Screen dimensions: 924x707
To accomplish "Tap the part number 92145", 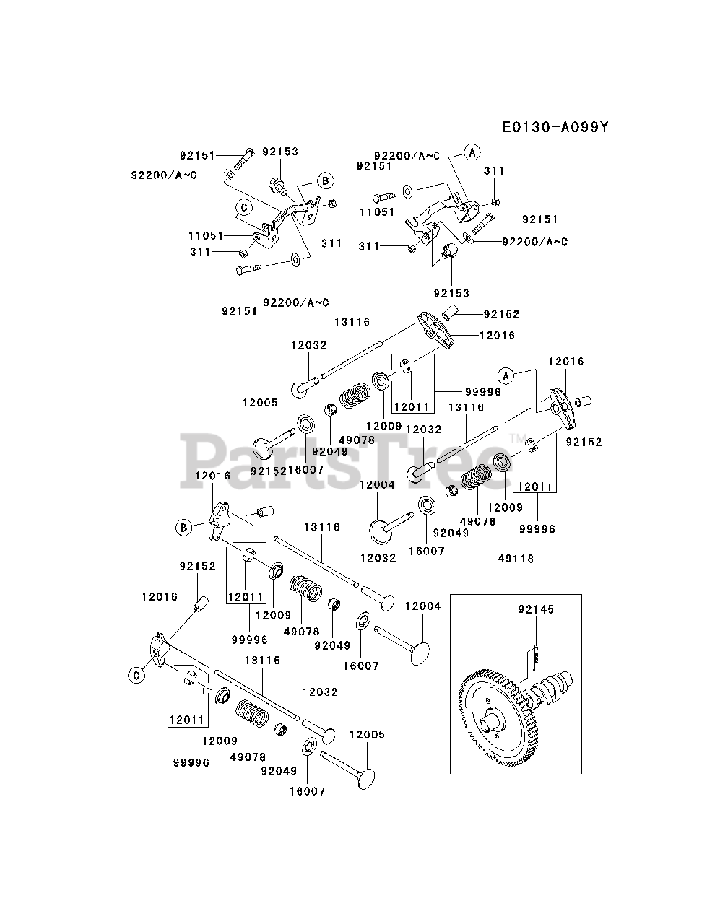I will pyautogui.click(x=535, y=610).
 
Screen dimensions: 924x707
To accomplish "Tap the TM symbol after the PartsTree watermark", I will pyautogui.click(x=519, y=437).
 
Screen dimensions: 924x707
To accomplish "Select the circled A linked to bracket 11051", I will pyautogui.click(x=472, y=152).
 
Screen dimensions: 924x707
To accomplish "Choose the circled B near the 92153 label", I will pyautogui.click(x=325, y=180).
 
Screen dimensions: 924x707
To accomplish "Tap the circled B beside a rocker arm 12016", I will pyautogui.click(x=184, y=528).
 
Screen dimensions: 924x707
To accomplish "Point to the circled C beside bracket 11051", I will pyautogui.click(x=244, y=207).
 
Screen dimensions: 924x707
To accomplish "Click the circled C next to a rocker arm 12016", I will pyautogui.click(x=134, y=676).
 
